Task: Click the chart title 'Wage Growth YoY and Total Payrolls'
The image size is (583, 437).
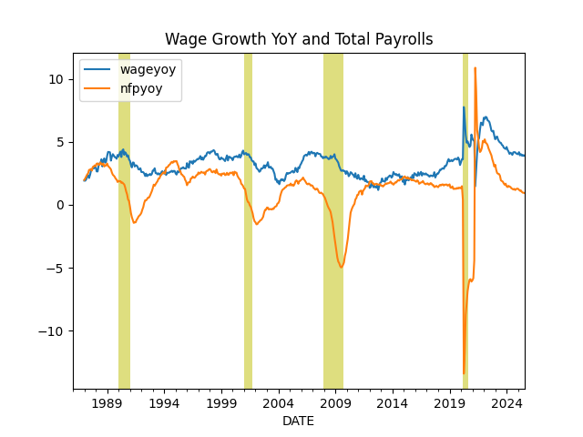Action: (299, 39)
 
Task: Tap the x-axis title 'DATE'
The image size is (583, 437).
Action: (299, 422)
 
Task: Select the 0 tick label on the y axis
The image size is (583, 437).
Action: (60, 205)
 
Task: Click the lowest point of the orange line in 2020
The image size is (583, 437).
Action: (464, 373)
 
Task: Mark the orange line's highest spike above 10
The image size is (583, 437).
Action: (475, 68)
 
